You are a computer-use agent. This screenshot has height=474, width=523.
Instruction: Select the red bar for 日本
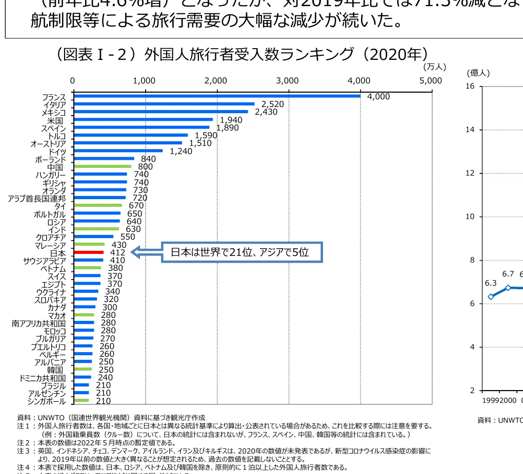click(89, 252)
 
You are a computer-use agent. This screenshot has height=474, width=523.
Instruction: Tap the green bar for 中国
click(103, 166)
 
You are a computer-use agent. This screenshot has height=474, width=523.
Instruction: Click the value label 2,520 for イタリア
click(272, 104)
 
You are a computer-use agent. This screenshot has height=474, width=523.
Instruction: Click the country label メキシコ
click(54, 112)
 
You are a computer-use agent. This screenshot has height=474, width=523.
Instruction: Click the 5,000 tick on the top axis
click(430, 80)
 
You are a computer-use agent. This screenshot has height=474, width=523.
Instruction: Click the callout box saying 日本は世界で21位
click(242, 252)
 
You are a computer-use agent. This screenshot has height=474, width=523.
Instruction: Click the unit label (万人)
click(435, 67)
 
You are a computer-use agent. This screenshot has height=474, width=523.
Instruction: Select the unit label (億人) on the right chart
click(478, 73)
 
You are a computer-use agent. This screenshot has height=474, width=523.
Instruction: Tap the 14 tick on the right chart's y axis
click(470, 130)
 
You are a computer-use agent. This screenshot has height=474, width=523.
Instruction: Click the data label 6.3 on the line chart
click(491, 283)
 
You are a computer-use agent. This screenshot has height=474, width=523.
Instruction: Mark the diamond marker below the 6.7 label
click(508, 288)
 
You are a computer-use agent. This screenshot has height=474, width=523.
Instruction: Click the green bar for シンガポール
click(81, 400)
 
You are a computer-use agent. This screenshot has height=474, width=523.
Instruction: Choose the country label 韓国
click(55, 370)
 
